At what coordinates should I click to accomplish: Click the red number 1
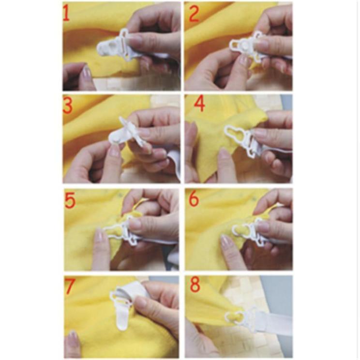click(67, 14)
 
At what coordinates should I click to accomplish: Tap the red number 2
click(194, 14)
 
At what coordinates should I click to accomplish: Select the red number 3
click(68, 105)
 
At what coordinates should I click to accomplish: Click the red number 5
click(70, 199)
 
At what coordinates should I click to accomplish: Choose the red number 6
click(195, 199)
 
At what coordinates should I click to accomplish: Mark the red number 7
click(70, 286)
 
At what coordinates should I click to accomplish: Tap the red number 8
click(195, 285)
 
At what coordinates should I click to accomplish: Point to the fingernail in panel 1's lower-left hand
click(87, 73)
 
